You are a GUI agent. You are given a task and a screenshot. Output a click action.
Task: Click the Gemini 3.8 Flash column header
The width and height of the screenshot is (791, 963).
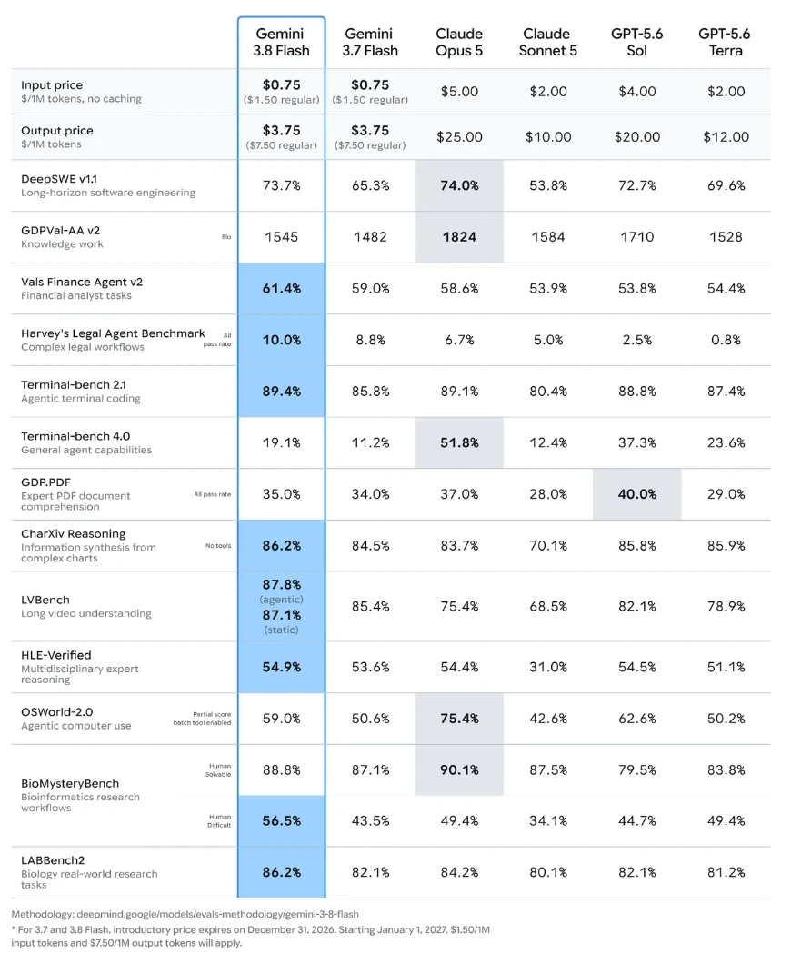click(282, 43)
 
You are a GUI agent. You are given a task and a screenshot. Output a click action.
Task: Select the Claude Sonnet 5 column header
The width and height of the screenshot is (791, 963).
click(547, 43)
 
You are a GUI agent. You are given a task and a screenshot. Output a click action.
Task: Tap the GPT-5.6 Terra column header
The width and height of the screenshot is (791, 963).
click(726, 43)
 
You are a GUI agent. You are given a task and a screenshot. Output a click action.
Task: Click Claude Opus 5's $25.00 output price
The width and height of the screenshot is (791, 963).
click(459, 137)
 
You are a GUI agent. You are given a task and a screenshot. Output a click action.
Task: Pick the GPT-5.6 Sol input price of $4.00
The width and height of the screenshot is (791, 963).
click(636, 92)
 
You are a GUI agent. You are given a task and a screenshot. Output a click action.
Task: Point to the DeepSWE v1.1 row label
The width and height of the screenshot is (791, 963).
click(59, 179)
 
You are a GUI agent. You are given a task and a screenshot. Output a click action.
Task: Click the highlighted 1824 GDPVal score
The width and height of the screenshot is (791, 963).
click(459, 237)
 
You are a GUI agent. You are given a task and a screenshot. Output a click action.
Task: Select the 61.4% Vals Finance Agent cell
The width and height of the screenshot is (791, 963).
click(282, 289)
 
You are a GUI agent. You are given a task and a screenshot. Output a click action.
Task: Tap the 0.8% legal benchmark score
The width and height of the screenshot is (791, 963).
click(726, 340)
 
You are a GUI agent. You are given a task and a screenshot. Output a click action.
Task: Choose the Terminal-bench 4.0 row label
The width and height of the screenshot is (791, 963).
click(75, 436)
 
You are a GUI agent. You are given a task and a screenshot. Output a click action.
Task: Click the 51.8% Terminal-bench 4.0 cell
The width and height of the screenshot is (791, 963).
click(459, 442)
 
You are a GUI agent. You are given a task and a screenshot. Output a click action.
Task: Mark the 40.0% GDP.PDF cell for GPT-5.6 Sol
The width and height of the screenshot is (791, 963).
click(636, 494)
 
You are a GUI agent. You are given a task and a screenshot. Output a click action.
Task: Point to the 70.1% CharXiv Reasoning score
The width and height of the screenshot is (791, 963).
click(547, 545)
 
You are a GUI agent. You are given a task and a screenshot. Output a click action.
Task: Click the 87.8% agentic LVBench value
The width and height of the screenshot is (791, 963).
click(282, 585)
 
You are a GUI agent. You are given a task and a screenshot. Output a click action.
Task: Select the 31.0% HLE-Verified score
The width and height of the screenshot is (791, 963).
click(547, 667)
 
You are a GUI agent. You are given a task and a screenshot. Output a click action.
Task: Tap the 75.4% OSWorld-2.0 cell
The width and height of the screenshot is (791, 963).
click(459, 719)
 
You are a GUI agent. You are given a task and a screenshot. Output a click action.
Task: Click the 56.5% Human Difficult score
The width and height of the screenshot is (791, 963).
click(282, 821)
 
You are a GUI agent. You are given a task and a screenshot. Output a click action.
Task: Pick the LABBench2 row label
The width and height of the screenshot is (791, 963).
click(53, 860)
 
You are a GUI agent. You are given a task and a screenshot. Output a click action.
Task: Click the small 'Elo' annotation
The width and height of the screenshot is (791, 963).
click(226, 236)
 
